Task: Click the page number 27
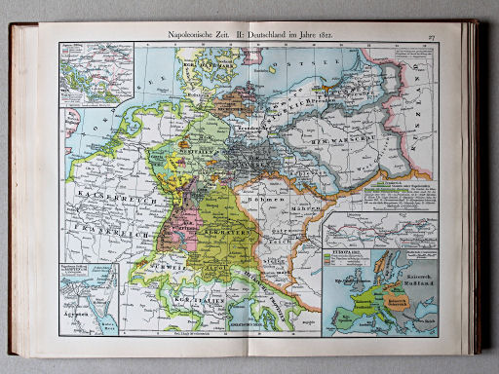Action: point(430,37)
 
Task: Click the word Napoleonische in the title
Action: point(191,37)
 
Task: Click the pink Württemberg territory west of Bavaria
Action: point(186,225)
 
